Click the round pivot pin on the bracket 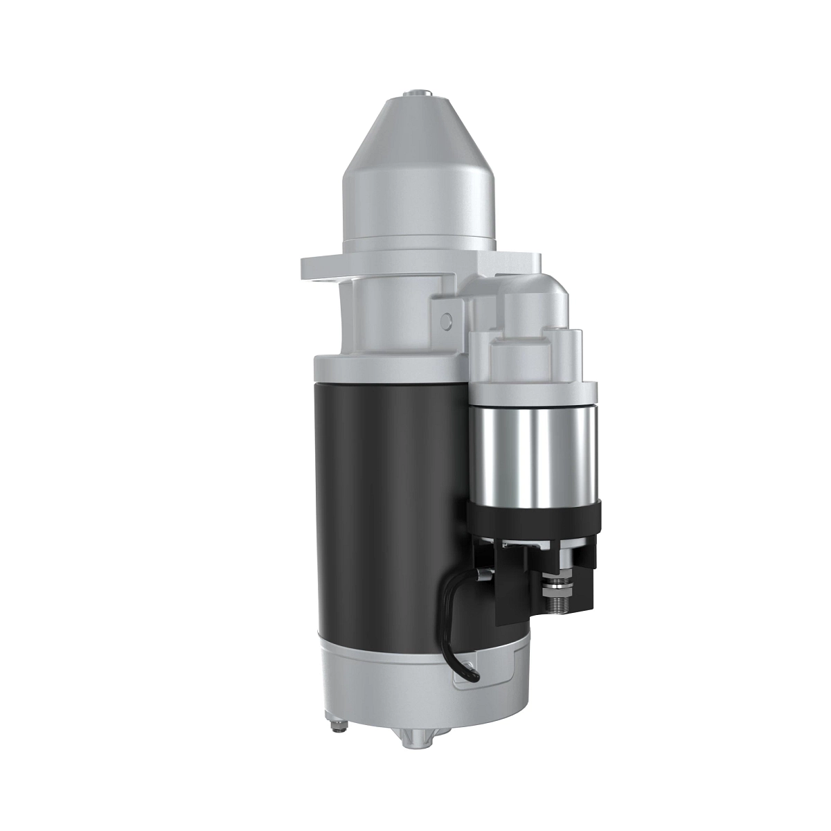[446, 319]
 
